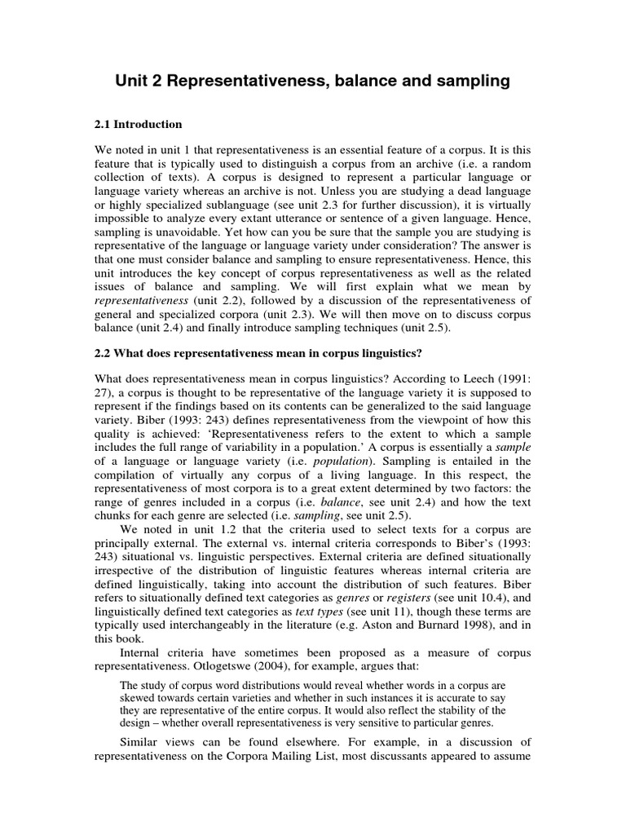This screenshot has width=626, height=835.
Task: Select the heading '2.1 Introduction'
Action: [139, 125]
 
